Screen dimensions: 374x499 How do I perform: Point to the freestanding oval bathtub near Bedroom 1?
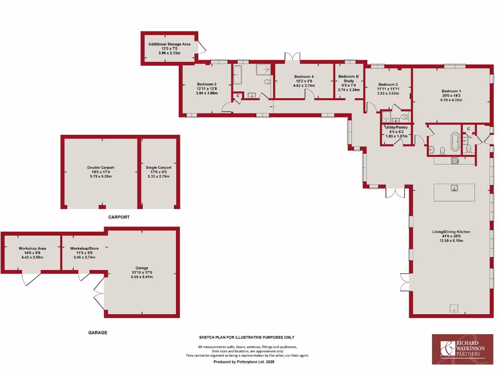pos(455,142)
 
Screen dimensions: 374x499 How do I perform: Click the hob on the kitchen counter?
pos(456,161)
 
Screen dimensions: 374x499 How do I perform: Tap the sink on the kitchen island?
pos(454,187)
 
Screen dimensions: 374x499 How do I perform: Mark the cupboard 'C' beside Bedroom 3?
pos(237,96)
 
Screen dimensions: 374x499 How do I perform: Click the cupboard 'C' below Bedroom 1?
pos(468,129)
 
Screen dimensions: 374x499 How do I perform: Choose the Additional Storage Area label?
pos(169,44)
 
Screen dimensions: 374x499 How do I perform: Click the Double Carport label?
pos(101,168)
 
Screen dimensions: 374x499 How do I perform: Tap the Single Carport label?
pos(158,168)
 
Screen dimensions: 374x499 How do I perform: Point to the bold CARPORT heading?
pos(118,217)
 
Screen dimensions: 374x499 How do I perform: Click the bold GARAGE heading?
pos(97,333)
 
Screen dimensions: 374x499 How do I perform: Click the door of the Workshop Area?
pos(31,279)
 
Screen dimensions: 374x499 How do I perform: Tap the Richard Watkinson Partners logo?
pos(462,349)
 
